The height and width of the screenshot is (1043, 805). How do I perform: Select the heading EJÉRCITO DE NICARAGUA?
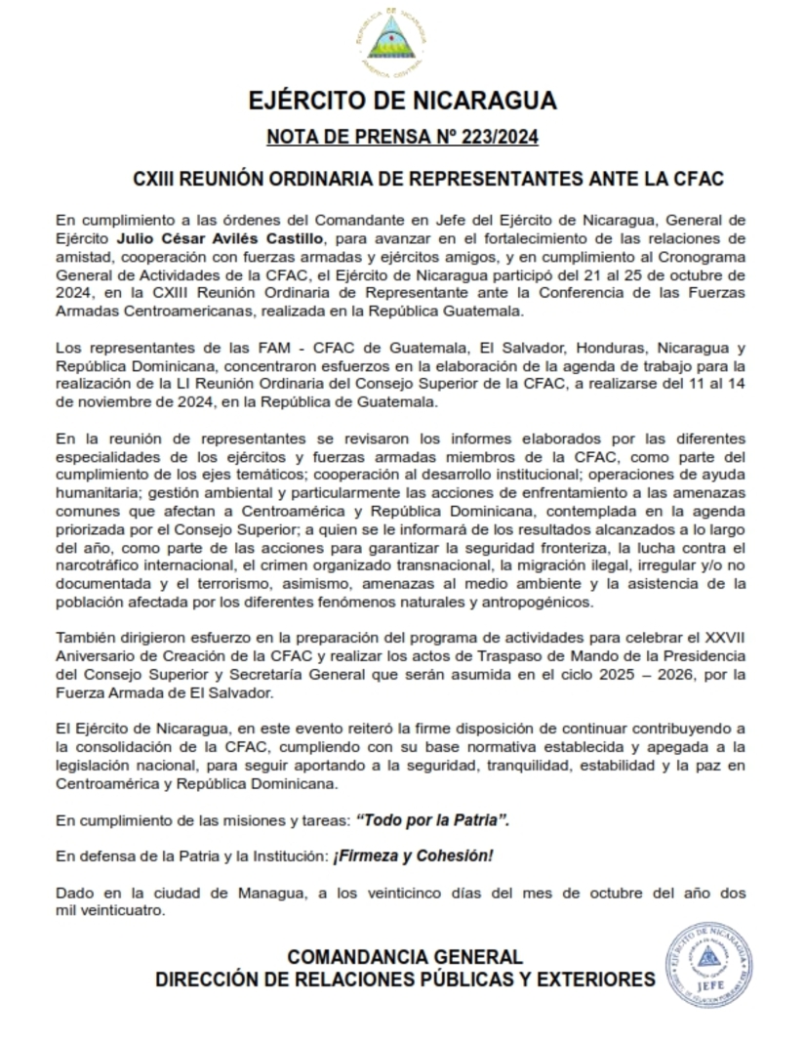[x=402, y=101]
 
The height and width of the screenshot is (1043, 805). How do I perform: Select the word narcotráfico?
[x=101, y=566]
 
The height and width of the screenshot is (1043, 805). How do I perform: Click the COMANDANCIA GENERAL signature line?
[x=405, y=957]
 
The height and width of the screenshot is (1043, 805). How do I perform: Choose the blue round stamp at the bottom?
[x=710, y=967]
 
